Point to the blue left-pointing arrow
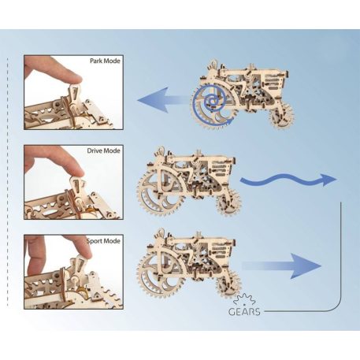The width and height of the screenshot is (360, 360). [165, 99]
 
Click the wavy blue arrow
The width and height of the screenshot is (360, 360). [288, 180]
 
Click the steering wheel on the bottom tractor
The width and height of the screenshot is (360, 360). [161, 236]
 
